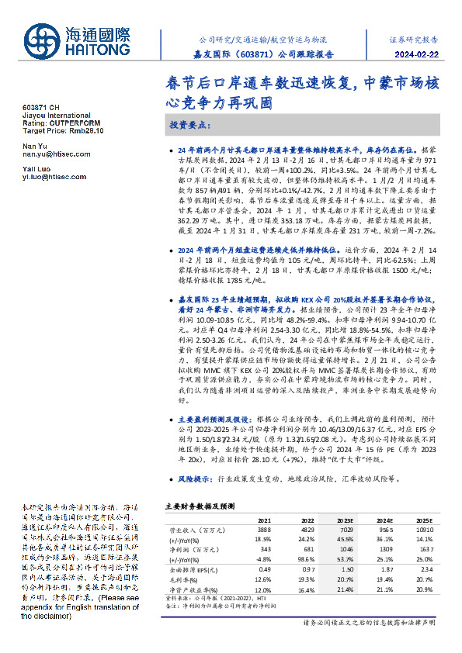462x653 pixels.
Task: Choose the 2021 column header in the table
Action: click(x=264, y=520)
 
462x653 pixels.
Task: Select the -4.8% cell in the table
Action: click(x=263, y=557)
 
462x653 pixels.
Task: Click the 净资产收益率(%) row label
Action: click(x=193, y=589)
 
